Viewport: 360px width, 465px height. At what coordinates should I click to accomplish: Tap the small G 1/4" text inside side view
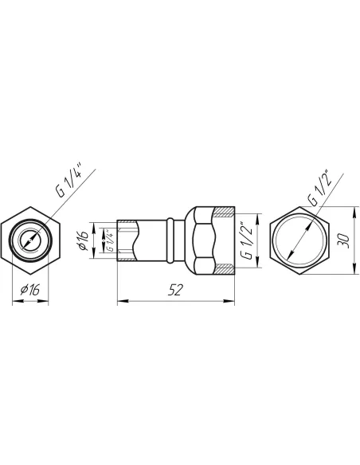point(110,240)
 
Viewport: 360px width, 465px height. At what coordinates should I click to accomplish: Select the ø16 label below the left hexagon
point(29,290)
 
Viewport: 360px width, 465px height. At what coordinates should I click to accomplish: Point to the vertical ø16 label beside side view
point(84,240)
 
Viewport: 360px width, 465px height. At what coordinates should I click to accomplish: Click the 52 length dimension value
point(175,290)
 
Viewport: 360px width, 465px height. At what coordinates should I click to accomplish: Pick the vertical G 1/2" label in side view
point(247,240)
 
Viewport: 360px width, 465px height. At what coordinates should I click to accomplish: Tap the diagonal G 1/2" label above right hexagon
point(319,188)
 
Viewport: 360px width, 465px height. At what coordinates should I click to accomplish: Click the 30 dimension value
point(344,240)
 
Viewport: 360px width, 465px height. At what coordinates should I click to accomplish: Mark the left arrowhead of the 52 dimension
point(123,301)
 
